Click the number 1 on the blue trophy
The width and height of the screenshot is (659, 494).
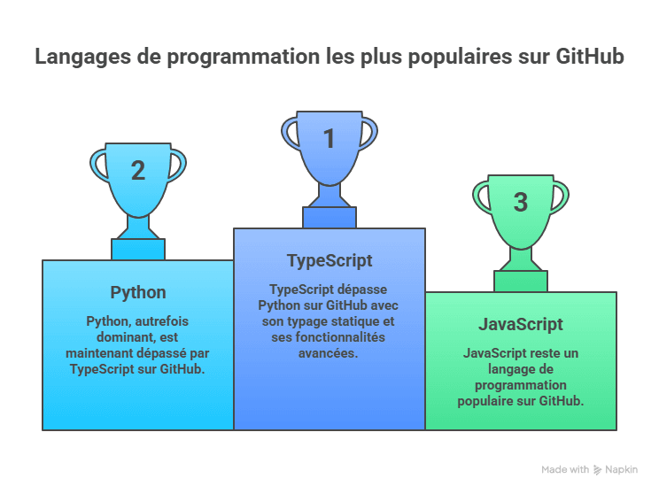pos(329,138)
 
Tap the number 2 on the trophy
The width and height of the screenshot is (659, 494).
pos(138,170)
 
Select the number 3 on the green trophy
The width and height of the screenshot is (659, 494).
pos(521,202)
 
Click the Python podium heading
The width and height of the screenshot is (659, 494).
pos(138,292)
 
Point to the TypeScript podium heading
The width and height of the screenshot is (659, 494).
pos(329,260)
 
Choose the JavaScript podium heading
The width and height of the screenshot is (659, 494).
pos(521,324)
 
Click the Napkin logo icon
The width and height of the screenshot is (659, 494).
pos(599,469)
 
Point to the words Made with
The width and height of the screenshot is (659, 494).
pos(565,469)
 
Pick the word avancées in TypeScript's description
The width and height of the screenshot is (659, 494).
pos(329,352)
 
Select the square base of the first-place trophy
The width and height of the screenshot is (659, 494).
pos(329,217)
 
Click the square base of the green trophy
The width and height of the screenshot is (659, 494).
pos(521,282)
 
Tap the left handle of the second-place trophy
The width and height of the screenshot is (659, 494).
pos(97,164)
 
